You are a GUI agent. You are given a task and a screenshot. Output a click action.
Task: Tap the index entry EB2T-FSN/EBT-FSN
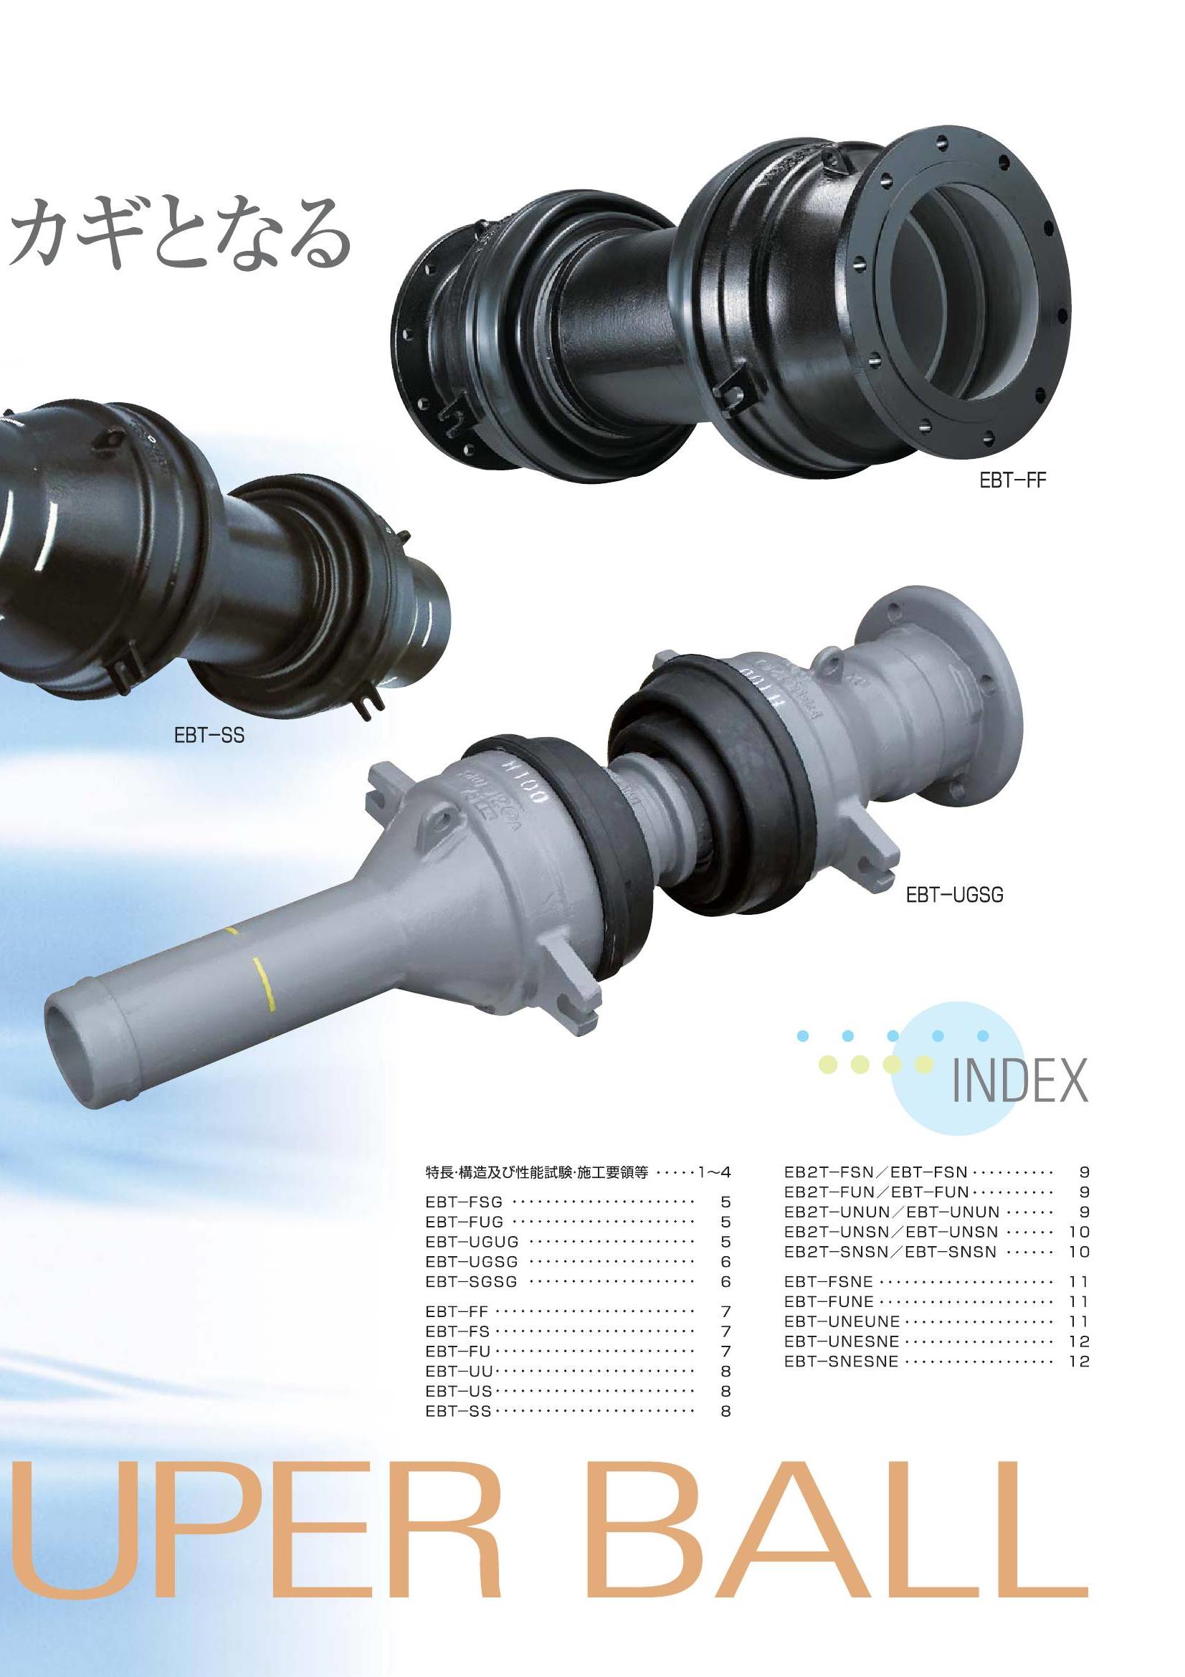pos(875,1172)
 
